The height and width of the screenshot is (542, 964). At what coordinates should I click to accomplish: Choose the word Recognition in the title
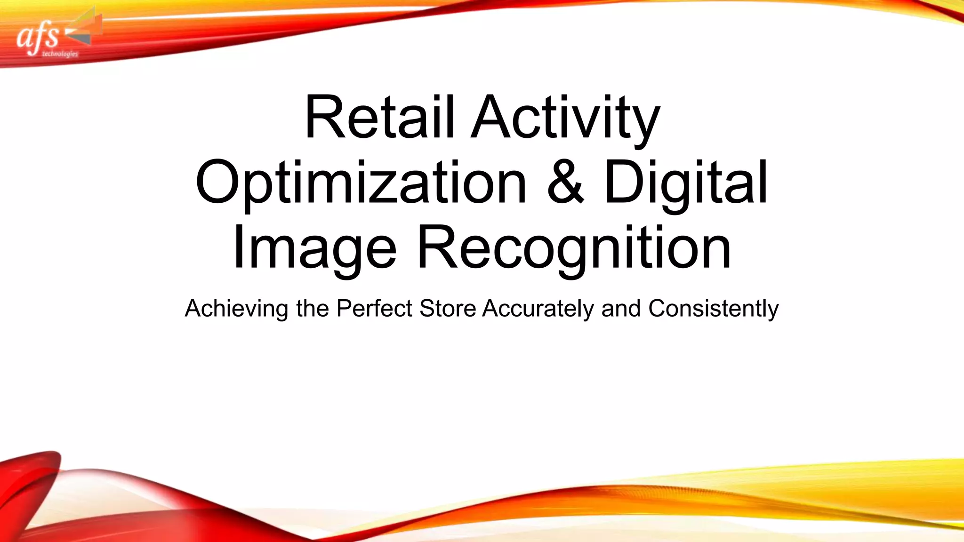[x=574, y=248]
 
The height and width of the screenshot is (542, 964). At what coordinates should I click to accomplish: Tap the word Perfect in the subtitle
[x=374, y=309]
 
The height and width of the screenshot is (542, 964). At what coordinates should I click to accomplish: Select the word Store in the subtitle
[x=447, y=309]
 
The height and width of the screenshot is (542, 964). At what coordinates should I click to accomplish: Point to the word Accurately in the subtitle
[x=538, y=309]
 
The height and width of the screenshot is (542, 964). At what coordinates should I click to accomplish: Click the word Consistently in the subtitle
[x=714, y=309]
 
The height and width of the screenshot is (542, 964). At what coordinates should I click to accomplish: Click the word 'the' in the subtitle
[x=312, y=309]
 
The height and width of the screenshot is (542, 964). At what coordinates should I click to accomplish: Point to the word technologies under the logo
[x=60, y=54]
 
